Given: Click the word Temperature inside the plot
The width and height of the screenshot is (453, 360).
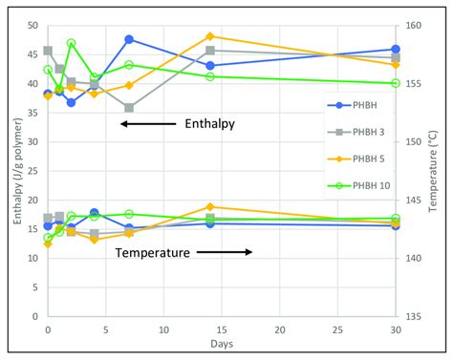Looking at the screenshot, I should [153, 253].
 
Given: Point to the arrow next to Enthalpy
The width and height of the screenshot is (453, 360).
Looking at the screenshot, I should [144, 124].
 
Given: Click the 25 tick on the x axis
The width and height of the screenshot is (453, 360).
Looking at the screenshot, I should [337, 329].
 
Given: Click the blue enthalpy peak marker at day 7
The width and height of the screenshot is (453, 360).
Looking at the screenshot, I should [129, 39].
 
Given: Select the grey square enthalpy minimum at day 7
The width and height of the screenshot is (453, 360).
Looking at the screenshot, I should [129, 108].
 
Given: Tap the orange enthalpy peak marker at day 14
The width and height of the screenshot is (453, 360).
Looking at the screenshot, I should [210, 36].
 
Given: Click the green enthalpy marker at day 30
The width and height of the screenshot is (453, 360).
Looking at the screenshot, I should [396, 83].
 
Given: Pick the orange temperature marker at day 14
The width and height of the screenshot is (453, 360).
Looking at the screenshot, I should [210, 206].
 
